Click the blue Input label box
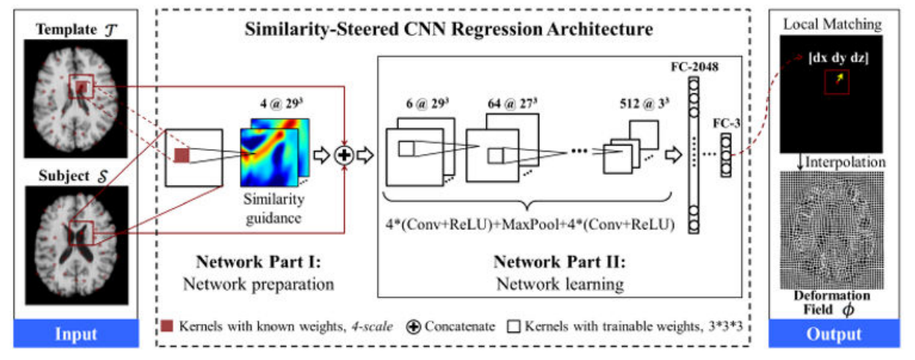coord(75,334)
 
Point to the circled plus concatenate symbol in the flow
coord(344,155)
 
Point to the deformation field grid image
coord(831,228)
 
